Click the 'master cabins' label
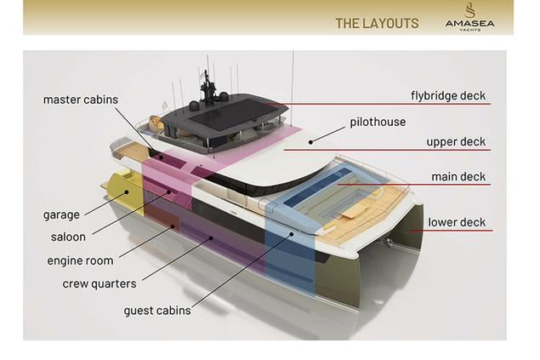[x=81, y=100]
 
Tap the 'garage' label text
[x=61, y=215]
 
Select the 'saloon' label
[x=68, y=237]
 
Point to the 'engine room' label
[x=80, y=260]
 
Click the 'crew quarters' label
[x=99, y=284]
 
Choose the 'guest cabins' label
[x=157, y=311]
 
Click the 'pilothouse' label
[x=378, y=122]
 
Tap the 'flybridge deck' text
[x=448, y=95]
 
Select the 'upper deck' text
[x=456, y=141]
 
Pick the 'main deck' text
[x=458, y=177]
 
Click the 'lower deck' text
[x=457, y=222]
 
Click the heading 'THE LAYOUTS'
[x=377, y=24]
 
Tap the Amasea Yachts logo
[x=469, y=17]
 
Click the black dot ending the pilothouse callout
[x=310, y=142]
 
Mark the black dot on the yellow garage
[x=127, y=192]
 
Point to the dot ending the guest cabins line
[x=292, y=234]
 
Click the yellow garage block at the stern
[x=125, y=192]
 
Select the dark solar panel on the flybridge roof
[x=234, y=112]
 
